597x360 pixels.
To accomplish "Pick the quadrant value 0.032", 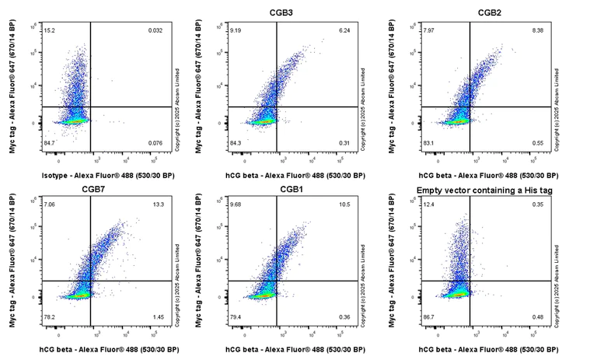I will (155, 31).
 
